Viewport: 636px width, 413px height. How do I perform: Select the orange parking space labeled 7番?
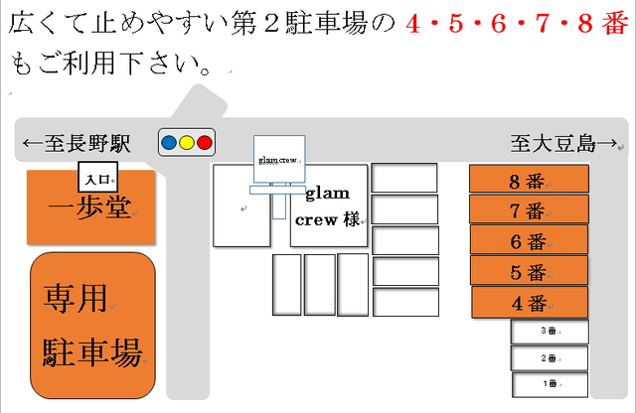[529, 209]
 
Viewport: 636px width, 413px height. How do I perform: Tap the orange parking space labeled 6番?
[529, 240]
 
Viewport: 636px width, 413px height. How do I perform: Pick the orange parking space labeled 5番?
[529, 271]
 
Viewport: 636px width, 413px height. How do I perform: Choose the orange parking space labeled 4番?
[529, 302]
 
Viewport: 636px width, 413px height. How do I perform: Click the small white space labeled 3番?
[550, 332]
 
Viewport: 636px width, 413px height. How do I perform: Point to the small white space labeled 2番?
[550, 357]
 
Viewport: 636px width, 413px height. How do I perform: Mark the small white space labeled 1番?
[550, 383]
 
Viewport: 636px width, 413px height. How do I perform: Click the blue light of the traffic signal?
[170, 143]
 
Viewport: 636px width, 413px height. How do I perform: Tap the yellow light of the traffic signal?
[187, 143]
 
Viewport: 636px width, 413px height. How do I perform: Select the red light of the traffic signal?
[205, 143]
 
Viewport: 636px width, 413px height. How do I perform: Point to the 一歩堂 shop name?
[90, 211]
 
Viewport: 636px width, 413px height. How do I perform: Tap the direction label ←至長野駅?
[78, 144]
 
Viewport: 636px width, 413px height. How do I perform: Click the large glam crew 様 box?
[329, 207]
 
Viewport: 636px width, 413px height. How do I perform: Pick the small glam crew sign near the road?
[279, 159]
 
